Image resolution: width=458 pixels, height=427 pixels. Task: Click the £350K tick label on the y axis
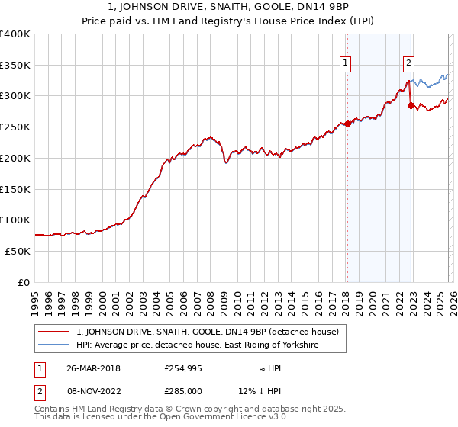click(x=15, y=65)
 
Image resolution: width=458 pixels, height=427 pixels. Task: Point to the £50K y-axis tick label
click(x=18, y=251)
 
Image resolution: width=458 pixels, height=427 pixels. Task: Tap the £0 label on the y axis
click(x=24, y=282)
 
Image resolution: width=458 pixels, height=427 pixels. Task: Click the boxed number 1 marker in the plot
click(x=346, y=63)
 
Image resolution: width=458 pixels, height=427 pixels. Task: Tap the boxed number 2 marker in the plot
click(x=409, y=63)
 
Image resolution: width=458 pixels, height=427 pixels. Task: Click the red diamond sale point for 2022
click(x=411, y=106)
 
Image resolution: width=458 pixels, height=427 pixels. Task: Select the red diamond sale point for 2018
click(x=347, y=124)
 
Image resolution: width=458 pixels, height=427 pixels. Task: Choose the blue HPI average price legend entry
click(x=197, y=345)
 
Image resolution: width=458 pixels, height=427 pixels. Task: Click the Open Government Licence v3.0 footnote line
click(x=162, y=417)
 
